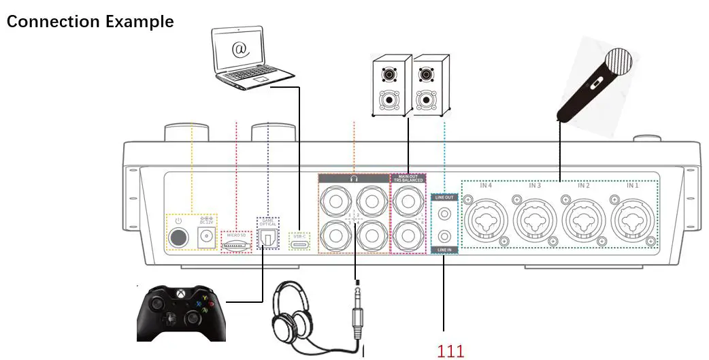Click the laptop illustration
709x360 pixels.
(x=248, y=59)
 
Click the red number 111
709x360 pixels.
(x=450, y=351)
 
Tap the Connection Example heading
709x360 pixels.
(x=90, y=21)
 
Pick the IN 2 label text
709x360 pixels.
(x=583, y=185)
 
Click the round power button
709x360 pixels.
(x=178, y=238)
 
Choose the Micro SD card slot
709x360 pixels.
(x=236, y=244)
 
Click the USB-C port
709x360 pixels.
(x=300, y=243)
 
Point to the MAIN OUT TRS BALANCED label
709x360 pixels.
(x=407, y=178)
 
